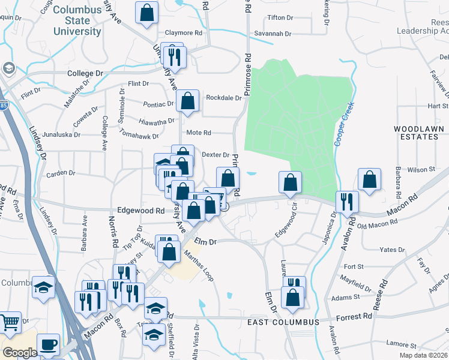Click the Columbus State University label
click(x=76, y=20)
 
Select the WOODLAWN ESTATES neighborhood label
click(x=418, y=133)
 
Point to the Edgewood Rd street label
click(x=141, y=211)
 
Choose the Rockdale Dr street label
click(x=223, y=97)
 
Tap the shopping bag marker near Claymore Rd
click(x=146, y=13)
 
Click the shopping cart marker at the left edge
click(x=10, y=322)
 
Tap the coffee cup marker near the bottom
click(x=48, y=345)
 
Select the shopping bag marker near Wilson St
click(x=369, y=179)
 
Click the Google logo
click(x=20, y=353)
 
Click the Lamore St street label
click(x=402, y=343)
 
